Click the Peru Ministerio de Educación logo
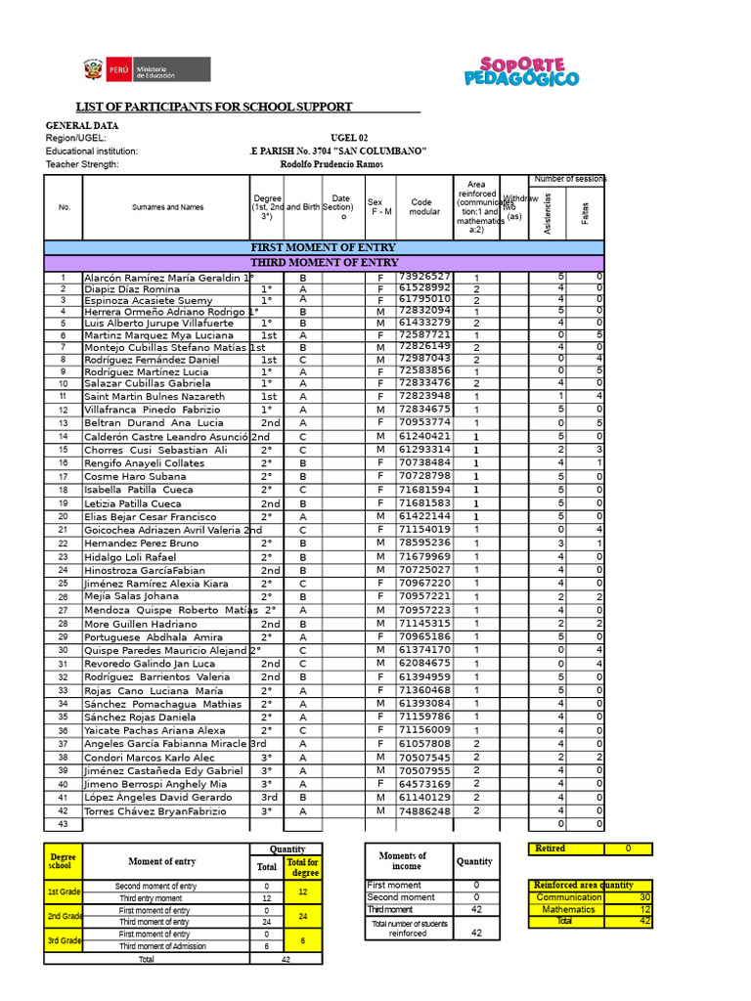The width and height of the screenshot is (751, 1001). tap(146, 70)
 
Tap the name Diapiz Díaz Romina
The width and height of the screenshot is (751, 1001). tap(132, 290)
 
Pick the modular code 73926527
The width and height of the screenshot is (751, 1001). tap(424, 277)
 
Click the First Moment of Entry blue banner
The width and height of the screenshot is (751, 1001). tap(324, 248)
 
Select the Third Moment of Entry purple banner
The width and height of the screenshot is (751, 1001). tap(324, 263)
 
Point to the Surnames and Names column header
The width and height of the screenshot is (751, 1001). tap(167, 207)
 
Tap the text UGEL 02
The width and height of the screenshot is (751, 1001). tap(350, 138)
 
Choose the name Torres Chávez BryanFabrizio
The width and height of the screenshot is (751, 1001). tap(155, 811)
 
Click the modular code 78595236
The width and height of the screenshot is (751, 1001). tap(424, 543)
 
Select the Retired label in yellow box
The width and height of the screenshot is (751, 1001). tap(551, 849)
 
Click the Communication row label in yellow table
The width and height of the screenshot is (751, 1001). tap(569, 897)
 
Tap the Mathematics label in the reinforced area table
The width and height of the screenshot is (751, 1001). tap(568, 909)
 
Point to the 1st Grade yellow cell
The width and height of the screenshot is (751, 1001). tap(64, 892)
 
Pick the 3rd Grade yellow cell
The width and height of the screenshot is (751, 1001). tap(64, 939)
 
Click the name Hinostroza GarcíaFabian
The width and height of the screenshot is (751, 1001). tap(145, 570)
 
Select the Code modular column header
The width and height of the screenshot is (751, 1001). tap(425, 207)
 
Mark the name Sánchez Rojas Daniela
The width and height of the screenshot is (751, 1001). tap(140, 718)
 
